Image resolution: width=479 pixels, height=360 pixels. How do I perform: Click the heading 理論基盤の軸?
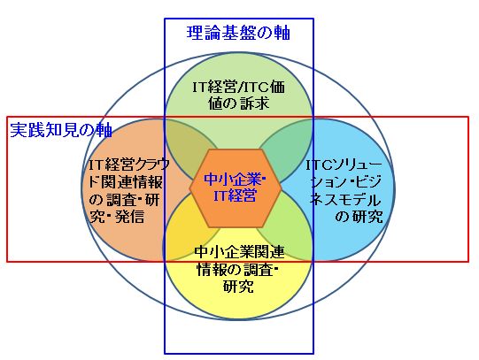click(x=238, y=33)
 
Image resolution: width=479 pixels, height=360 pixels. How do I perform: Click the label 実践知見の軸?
click(x=61, y=130)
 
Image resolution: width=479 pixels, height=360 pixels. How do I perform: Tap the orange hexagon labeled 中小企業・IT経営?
click(x=235, y=188)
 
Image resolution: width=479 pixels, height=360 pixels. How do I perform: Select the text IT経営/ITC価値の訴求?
click(x=238, y=96)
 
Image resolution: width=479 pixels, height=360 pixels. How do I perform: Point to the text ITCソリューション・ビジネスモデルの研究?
click(x=345, y=191)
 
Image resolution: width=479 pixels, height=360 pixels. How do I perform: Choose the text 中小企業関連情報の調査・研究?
click(x=238, y=269)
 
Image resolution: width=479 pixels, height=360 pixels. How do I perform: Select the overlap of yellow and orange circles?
click(x=186, y=232)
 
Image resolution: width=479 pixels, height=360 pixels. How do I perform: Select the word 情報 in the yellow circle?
click(x=212, y=269)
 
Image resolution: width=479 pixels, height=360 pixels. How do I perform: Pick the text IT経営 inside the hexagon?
click(x=235, y=195)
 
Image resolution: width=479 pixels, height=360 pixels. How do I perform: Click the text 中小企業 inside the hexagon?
click(x=233, y=180)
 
